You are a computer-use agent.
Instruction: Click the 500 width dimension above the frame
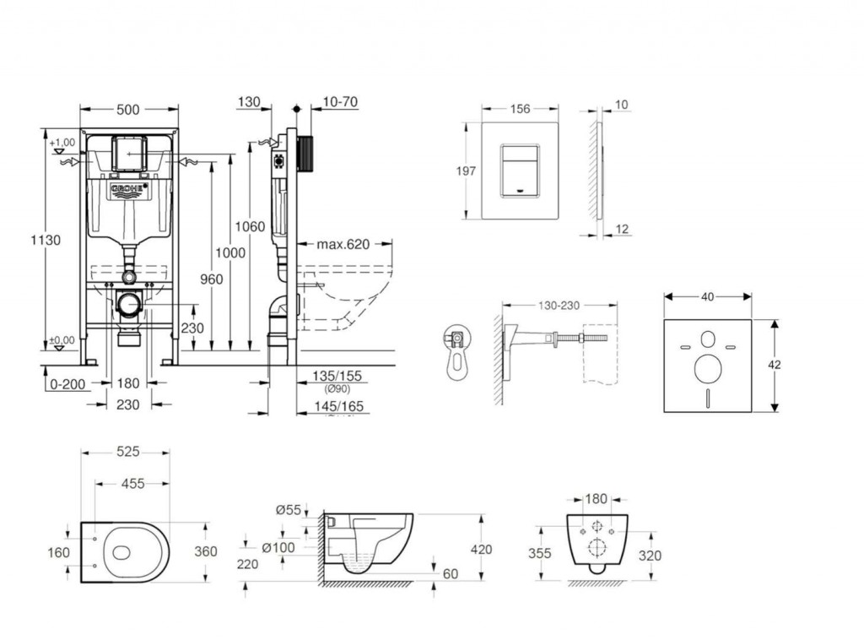pos(129,108)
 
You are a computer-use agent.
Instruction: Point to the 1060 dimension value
pos(251,226)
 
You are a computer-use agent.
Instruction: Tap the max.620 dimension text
pos(343,245)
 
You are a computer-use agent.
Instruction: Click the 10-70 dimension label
pos(340,102)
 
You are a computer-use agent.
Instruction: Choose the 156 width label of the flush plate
pos(520,108)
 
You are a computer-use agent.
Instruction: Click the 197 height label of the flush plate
pos(465,171)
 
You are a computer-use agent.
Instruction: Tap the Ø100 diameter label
pos(278,548)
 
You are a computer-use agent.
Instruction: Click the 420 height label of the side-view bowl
pos(481,551)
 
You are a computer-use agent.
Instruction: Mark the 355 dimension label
pos(539,554)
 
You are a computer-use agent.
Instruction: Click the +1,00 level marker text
pos(62,143)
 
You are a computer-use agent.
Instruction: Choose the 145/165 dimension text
pos(338,406)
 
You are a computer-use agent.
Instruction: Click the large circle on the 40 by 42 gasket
pos(706,369)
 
